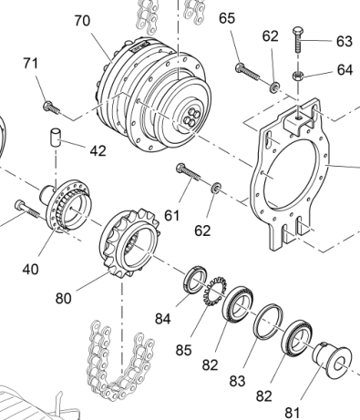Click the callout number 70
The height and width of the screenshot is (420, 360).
pyautogui.click(x=82, y=21)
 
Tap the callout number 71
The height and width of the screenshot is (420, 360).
pyautogui.click(x=31, y=64)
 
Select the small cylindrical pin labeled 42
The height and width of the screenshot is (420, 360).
pyautogui.click(x=56, y=138)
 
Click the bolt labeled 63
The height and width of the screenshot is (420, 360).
pyautogui.click(x=298, y=39)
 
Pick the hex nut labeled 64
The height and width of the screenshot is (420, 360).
pyautogui.click(x=298, y=76)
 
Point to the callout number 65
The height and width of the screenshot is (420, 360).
pyautogui.click(x=227, y=18)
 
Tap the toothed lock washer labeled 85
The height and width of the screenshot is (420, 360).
pyautogui.click(x=215, y=292)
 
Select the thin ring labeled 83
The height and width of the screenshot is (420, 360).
pyautogui.click(x=268, y=321)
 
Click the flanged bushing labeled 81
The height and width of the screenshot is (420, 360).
pyautogui.click(x=333, y=360)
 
